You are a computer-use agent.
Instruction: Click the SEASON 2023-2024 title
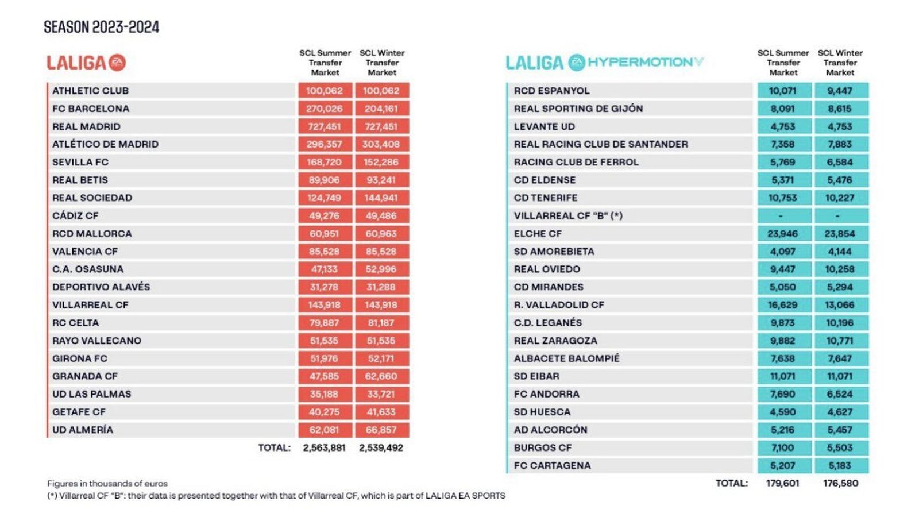(101, 27)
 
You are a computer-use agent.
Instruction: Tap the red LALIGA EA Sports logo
(86, 63)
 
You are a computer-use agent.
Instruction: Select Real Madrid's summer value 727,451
(324, 126)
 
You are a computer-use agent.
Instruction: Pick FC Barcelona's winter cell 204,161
(381, 109)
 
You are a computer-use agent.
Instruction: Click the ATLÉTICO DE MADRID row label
(105, 144)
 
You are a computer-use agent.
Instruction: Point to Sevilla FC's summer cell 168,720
(324, 162)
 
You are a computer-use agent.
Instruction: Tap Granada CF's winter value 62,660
(381, 376)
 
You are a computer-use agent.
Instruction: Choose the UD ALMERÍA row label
(83, 430)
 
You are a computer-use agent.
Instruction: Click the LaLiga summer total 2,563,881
(324, 447)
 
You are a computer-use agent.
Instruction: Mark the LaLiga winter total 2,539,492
(381, 447)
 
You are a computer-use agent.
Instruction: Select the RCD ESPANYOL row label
(551, 91)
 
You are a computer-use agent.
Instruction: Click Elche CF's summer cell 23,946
(782, 234)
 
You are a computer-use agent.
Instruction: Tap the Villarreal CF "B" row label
(568, 215)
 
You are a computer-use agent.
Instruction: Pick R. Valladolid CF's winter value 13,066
(840, 305)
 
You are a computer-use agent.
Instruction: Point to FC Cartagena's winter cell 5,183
(840, 465)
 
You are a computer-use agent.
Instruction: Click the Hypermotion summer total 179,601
(782, 483)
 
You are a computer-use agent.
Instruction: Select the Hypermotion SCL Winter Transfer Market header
(840, 63)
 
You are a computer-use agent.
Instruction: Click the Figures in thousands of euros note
(107, 484)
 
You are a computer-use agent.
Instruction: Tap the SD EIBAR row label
(536, 376)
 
